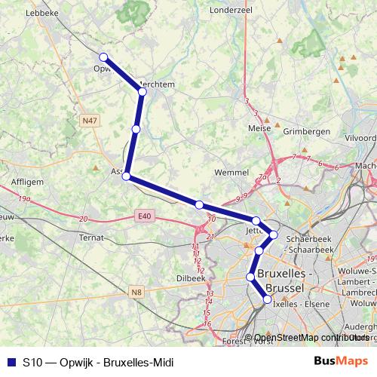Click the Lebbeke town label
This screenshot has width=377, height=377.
pos(42,13)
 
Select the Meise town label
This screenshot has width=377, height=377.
pos(259,129)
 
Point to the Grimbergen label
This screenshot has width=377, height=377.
pos(306,131)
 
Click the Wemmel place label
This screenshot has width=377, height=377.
pos(231,173)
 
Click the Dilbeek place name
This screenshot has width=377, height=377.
pos(190,277)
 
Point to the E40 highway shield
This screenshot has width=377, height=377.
pos(145,216)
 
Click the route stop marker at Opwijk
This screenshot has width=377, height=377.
pos(103,57)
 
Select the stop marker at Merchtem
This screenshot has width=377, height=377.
pos(142,91)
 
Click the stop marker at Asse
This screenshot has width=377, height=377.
pos(127,176)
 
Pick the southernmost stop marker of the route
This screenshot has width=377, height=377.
pos(267,300)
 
